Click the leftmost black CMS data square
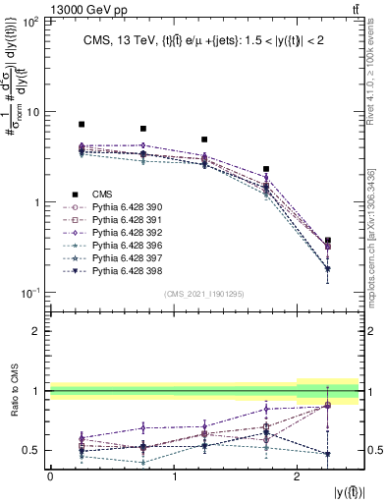(82, 125)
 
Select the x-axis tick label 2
(298, 476)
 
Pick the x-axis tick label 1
(174, 476)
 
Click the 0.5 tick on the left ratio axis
(32, 451)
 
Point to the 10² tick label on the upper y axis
(29, 21)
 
